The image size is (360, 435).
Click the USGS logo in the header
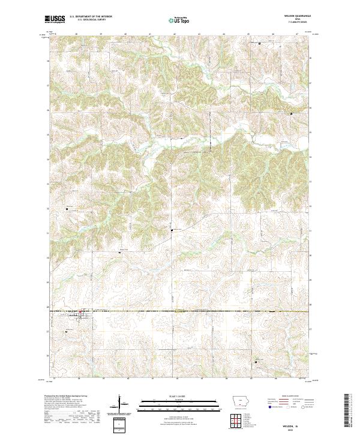(55, 19)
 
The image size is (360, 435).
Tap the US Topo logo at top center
(178, 20)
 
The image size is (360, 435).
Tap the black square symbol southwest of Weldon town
(67, 330)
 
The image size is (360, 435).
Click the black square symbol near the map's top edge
(260, 44)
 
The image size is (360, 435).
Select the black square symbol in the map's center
(173, 230)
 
